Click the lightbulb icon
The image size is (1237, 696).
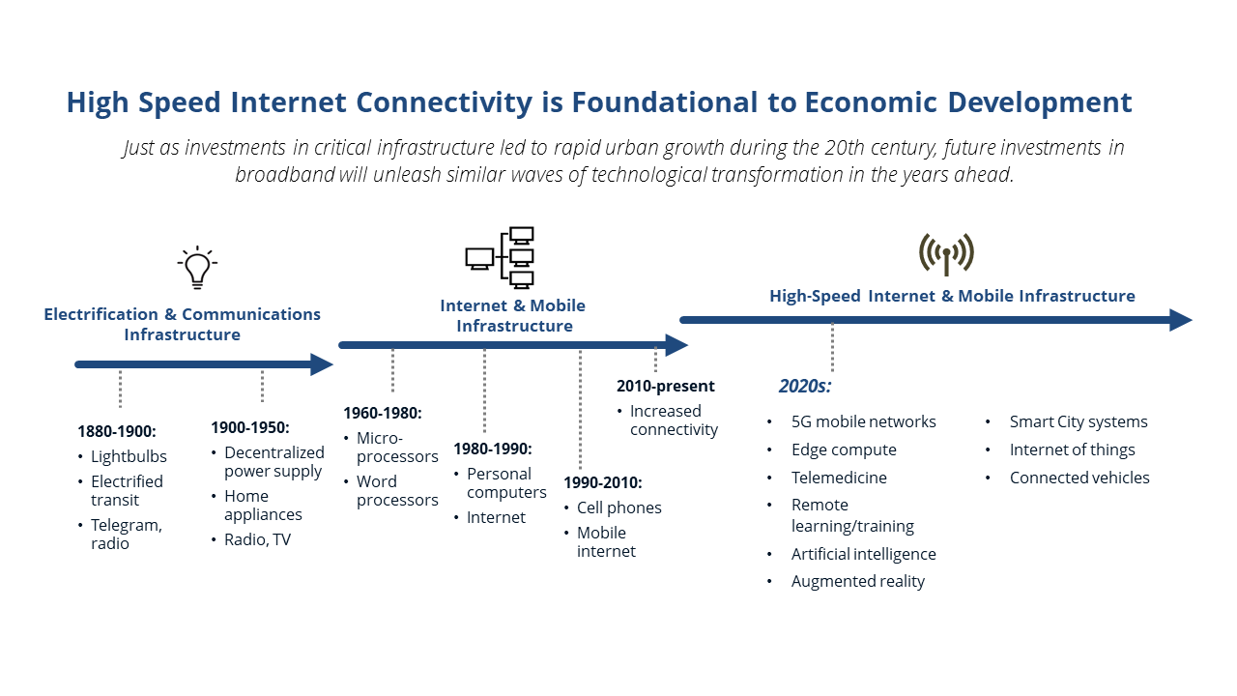[x=197, y=267]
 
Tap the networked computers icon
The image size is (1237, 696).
[x=500, y=257]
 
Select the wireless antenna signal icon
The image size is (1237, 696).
[x=946, y=253]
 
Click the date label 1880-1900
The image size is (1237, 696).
[x=117, y=431]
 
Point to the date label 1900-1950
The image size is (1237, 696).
[x=250, y=427]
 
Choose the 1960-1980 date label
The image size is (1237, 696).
[x=383, y=413]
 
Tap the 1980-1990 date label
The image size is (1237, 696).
[x=493, y=449]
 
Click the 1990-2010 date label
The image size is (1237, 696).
[x=603, y=482]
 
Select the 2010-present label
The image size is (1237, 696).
[x=666, y=386]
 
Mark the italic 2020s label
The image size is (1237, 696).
[x=805, y=387]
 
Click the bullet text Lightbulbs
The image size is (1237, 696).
[x=129, y=456]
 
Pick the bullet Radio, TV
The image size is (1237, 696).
[x=257, y=539]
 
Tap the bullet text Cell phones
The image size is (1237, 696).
[x=618, y=507]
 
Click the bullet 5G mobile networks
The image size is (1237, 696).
[x=863, y=421]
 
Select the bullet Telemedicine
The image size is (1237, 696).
[x=839, y=478]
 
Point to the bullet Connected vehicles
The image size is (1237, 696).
[x=1079, y=478]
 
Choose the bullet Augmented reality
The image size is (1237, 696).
[x=857, y=581]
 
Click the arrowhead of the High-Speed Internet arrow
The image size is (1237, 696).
[x=1181, y=320]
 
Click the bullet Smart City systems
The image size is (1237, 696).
[x=1079, y=421]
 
